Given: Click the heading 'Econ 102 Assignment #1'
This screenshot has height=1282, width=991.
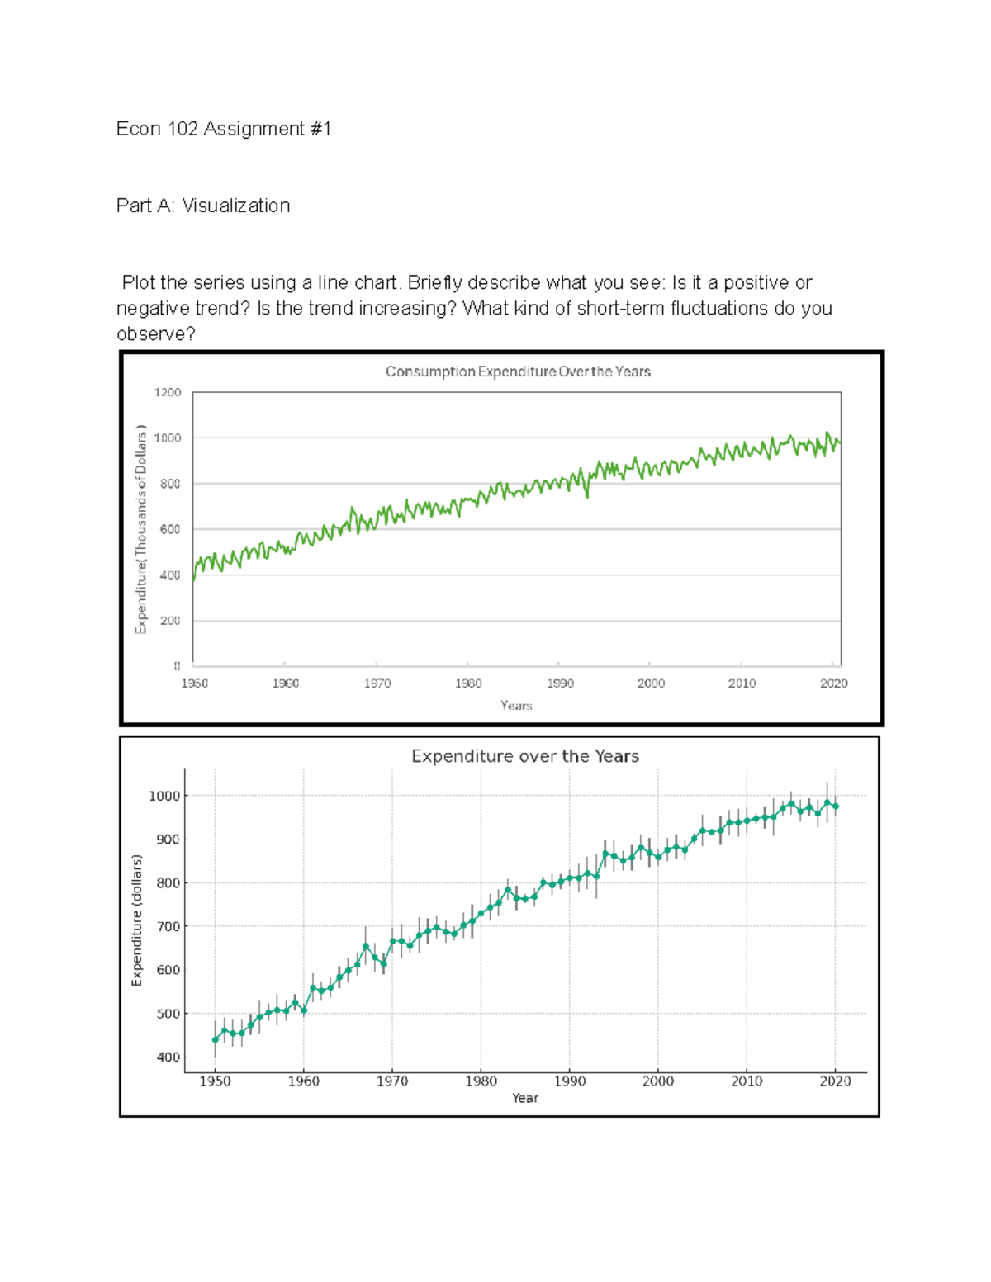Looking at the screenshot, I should [223, 129].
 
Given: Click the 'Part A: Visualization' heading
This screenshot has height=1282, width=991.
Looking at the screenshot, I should [203, 206].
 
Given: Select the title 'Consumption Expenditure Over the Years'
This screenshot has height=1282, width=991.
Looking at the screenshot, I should [518, 372].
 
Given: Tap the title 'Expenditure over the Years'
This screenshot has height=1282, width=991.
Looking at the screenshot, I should [525, 756].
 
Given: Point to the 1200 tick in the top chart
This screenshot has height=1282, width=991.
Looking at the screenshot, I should [168, 393].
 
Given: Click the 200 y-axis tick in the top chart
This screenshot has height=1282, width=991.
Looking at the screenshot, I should [170, 621].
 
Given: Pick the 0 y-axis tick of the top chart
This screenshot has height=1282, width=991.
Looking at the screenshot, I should [177, 665].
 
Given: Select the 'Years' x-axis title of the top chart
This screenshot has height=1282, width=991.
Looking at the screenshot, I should [516, 706].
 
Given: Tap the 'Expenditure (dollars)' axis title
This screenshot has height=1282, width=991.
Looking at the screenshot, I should [137, 920].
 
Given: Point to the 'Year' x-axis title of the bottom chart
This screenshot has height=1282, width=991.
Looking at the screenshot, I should [524, 1098].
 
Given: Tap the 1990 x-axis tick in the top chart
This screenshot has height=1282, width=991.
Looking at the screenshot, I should [560, 684].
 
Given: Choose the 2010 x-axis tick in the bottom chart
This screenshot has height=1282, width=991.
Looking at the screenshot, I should [747, 1081].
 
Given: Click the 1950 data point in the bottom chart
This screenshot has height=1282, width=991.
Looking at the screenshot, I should [216, 1040].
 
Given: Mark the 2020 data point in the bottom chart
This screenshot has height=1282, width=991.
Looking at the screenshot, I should [836, 807].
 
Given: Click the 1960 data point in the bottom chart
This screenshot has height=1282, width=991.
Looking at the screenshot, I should [304, 1010].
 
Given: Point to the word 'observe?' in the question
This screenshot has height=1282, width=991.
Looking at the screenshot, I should [156, 334].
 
